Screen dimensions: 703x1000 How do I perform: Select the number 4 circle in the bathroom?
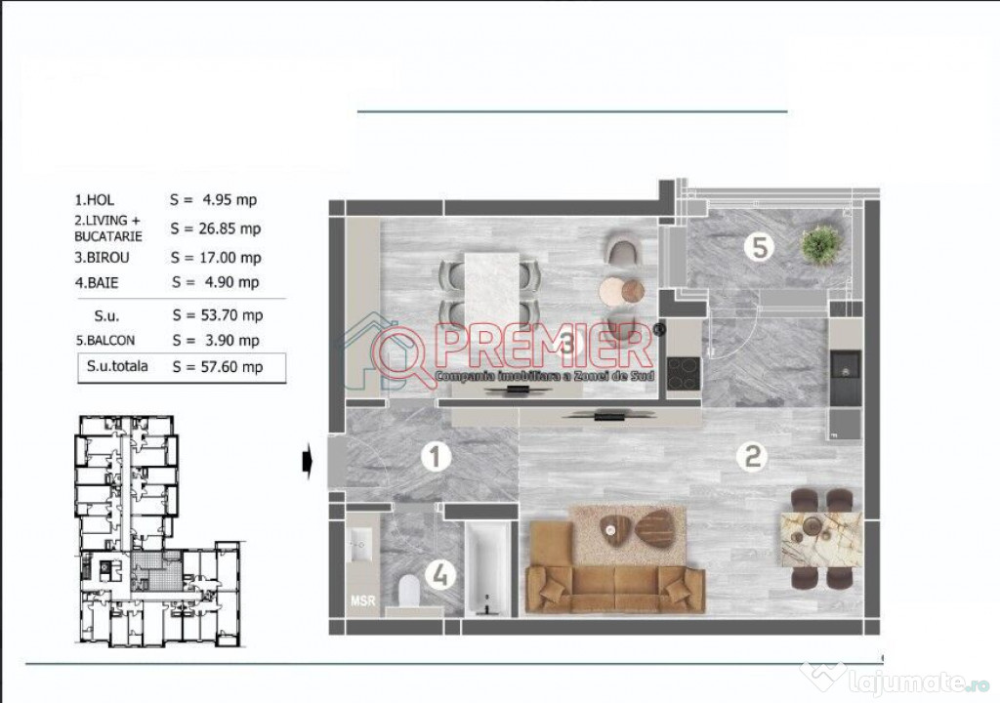(x=442, y=576)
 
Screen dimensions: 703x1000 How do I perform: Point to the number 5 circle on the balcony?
(x=759, y=246)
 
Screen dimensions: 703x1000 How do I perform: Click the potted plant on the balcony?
(x=820, y=244)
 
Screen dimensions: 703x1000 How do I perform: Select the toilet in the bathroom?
(x=408, y=589)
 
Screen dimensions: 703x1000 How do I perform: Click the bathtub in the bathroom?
(x=487, y=570)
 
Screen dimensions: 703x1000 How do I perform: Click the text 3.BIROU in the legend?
(x=102, y=259)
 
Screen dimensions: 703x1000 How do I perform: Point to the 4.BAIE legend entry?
(x=97, y=283)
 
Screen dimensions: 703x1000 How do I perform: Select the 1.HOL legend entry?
(x=94, y=200)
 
